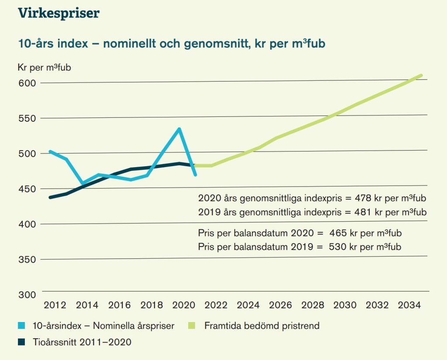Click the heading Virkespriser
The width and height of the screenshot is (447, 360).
58,13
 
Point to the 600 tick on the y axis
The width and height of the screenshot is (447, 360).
28,83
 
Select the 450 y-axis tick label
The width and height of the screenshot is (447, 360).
28,189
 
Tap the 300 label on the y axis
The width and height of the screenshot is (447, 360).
28,295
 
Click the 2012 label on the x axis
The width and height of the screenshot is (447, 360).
53,305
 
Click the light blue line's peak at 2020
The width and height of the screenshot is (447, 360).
179,129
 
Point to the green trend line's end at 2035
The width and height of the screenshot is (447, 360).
421,75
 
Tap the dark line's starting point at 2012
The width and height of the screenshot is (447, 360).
50,197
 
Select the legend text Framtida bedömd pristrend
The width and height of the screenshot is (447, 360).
262,326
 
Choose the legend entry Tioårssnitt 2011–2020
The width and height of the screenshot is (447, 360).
82,343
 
